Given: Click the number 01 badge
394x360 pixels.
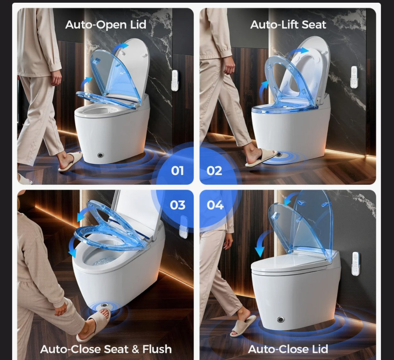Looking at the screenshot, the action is pyautogui.click(x=177, y=171).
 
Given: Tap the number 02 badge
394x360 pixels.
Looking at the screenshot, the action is pyautogui.click(x=214, y=171).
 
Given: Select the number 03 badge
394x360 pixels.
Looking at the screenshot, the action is pyautogui.click(x=177, y=205).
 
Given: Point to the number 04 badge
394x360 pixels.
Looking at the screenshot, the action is pyautogui.click(x=215, y=205).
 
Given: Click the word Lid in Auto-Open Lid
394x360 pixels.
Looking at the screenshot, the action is pyautogui.click(x=138, y=24).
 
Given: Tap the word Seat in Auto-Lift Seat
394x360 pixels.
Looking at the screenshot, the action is pyautogui.click(x=314, y=24).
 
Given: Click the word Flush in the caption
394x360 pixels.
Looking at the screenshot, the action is pyautogui.click(x=157, y=349).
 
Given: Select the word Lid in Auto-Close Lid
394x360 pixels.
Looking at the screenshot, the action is pyautogui.click(x=320, y=349).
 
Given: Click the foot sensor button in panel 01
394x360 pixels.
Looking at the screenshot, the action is pyautogui.click(x=101, y=155).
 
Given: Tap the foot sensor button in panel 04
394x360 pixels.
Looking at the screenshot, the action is pyautogui.click(x=281, y=320).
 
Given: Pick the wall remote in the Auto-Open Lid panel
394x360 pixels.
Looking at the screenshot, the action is pyautogui.click(x=175, y=80).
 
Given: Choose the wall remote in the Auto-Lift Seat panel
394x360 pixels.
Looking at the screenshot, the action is pyautogui.click(x=354, y=77).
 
